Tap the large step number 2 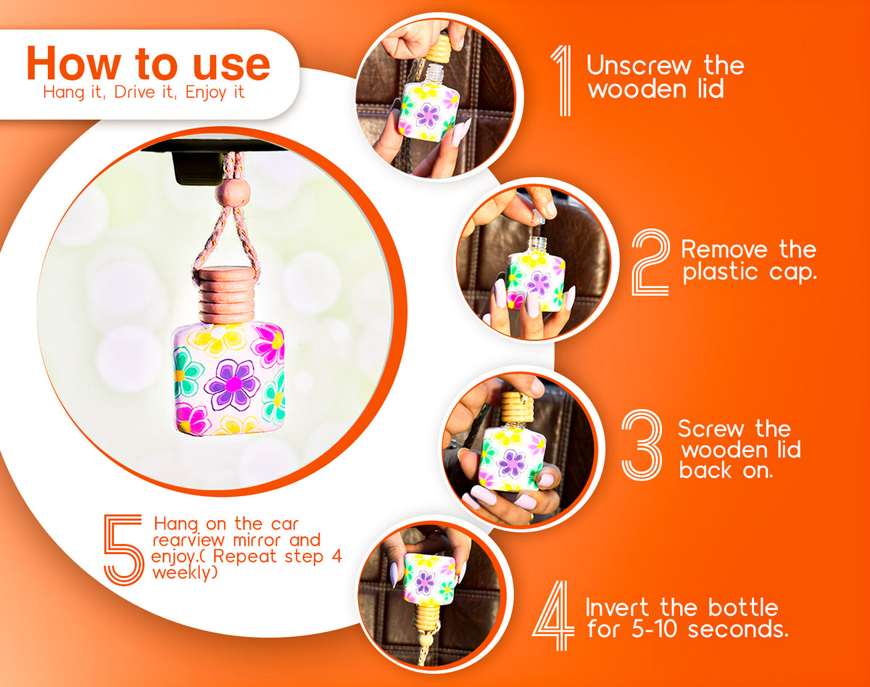coord(650,262)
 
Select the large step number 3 coord(642,445)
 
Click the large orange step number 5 coord(123,549)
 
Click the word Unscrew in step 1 coord(639,65)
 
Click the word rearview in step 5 coord(188,540)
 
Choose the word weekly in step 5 coord(184,573)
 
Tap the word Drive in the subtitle coord(135,92)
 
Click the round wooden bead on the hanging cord coord(231,194)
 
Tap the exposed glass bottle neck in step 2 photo coord(538,244)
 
